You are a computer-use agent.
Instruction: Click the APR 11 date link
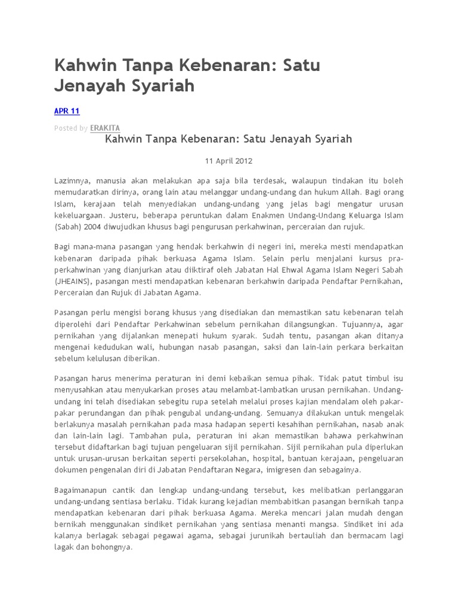[67, 111]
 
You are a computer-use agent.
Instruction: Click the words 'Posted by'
[71, 128]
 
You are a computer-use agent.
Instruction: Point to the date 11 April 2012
[228, 161]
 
